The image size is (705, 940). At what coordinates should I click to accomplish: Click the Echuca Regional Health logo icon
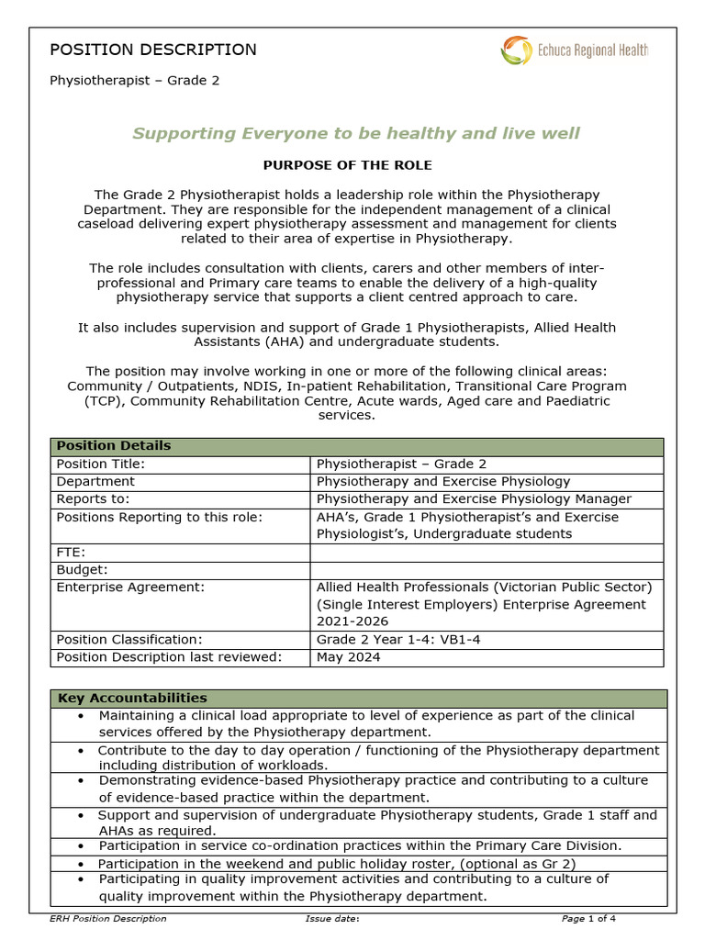(x=516, y=50)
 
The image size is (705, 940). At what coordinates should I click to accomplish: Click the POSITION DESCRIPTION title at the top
(x=152, y=50)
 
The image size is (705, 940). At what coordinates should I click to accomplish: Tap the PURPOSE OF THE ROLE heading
(x=347, y=165)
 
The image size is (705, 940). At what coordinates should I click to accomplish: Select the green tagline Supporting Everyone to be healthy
(x=356, y=133)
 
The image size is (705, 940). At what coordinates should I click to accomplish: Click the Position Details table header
(x=114, y=446)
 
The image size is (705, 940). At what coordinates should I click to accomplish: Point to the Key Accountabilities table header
(x=132, y=699)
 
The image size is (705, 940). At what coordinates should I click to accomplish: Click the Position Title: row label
(x=101, y=464)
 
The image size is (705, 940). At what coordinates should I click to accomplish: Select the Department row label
(x=95, y=481)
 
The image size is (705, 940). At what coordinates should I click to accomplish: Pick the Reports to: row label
(x=94, y=498)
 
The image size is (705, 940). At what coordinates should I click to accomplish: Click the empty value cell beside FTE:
(x=487, y=553)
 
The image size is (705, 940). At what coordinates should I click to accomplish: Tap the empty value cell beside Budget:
(x=487, y=570)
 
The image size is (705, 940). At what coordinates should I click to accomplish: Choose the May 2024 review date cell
(x=348, y=657)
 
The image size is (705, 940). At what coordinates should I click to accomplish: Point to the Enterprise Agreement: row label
(x=130, y=587)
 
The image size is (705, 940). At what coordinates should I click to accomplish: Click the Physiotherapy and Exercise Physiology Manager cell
(x=474, y=498)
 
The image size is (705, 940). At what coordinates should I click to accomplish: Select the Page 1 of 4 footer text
(x=588, y=918)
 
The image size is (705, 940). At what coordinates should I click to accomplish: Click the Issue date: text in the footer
(x=331, y=918)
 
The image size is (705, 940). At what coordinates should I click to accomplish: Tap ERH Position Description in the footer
(x=108, y=918)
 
